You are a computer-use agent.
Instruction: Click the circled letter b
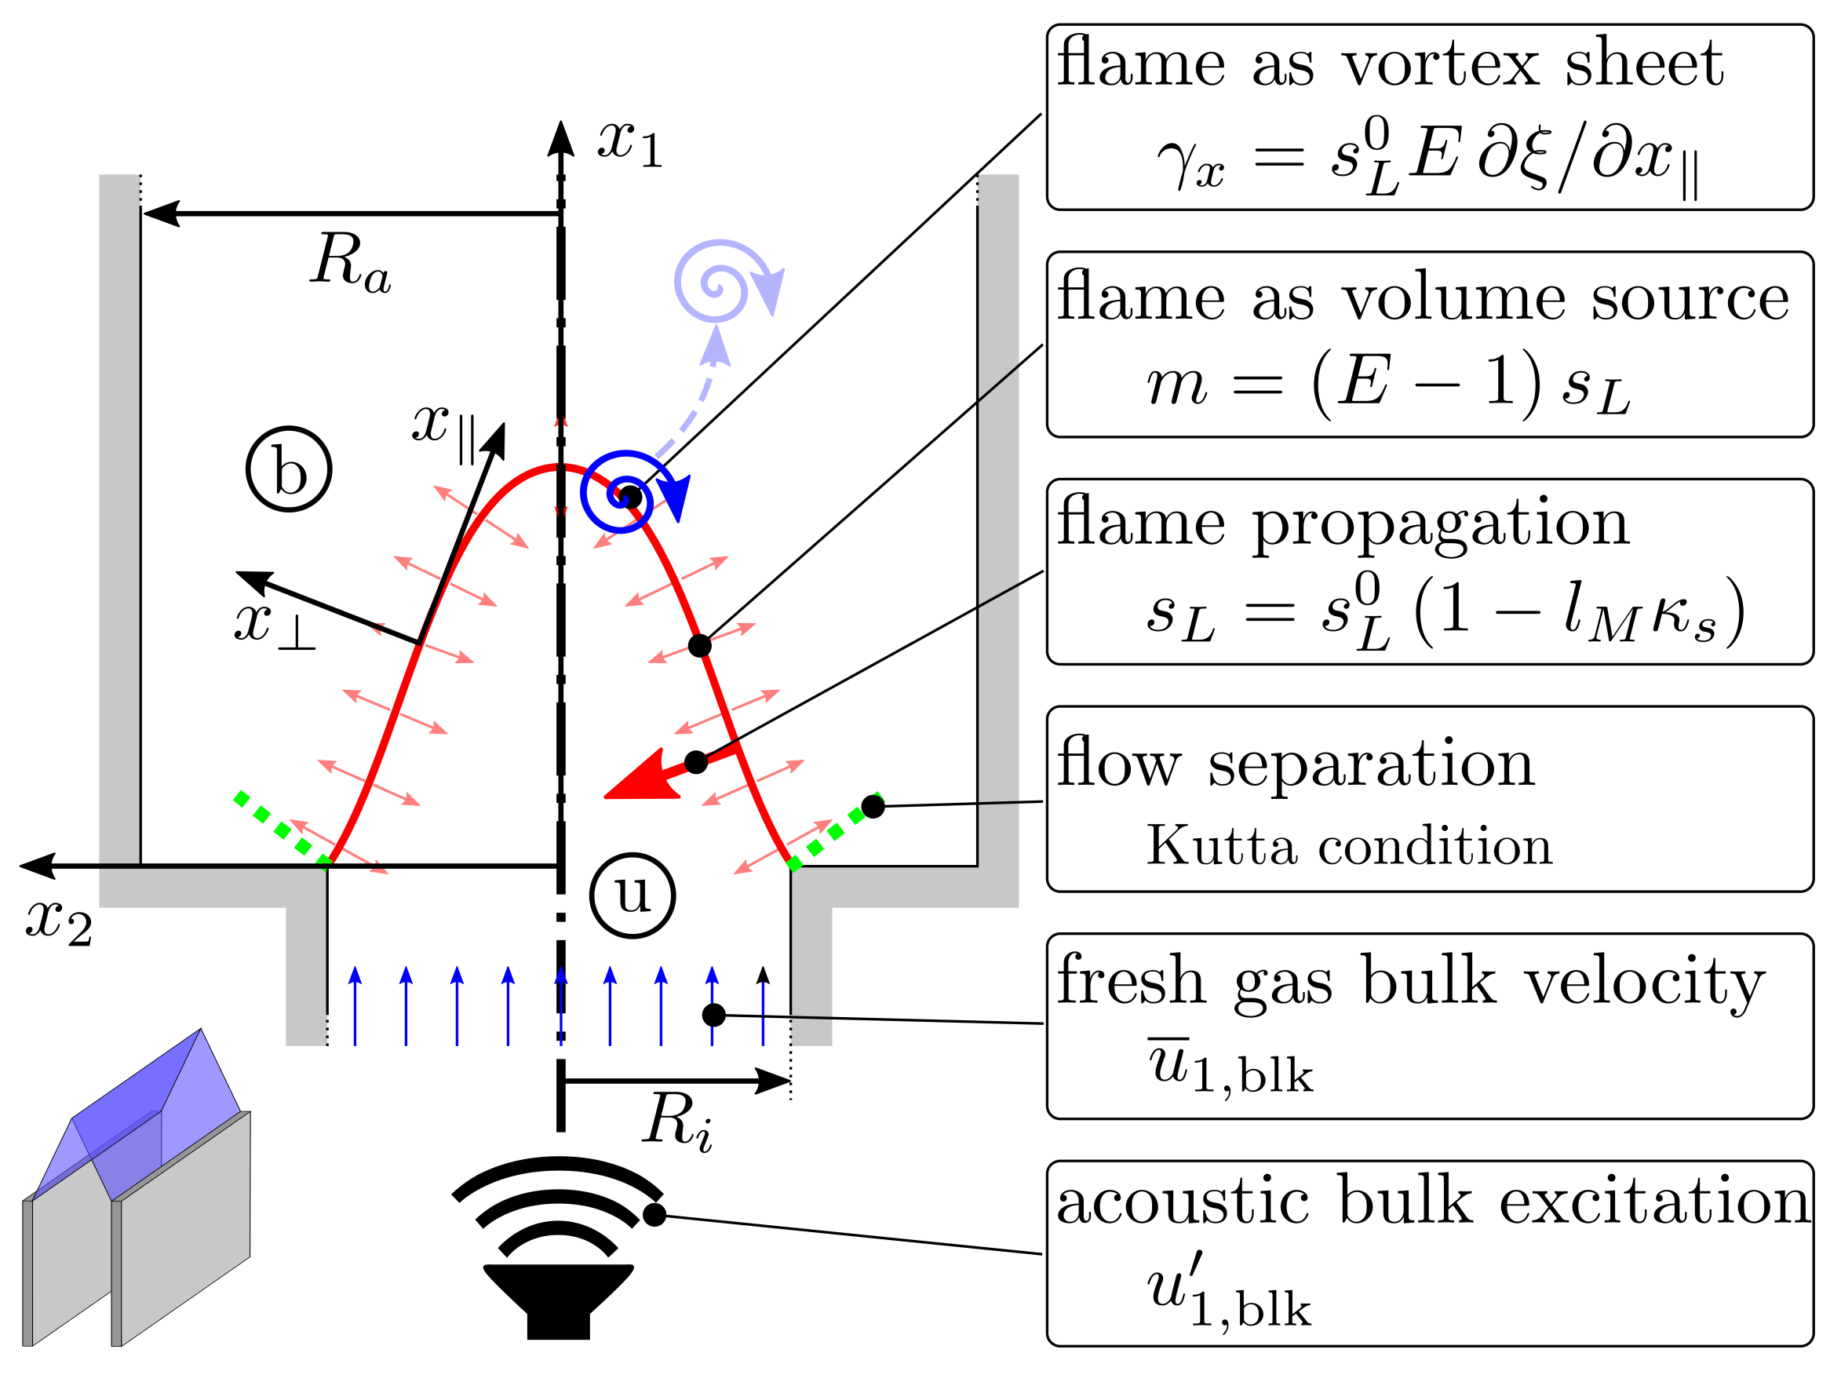click(289, 469)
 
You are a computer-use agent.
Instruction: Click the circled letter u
click(633, 895)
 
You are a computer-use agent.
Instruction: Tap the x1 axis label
click(629, 143)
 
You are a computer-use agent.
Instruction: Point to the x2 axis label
click(58, 922)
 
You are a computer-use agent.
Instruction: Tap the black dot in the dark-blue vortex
click(631, 498)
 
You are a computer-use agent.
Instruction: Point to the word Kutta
click(1222, 846)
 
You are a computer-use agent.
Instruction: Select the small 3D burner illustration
click(137, 1191)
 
